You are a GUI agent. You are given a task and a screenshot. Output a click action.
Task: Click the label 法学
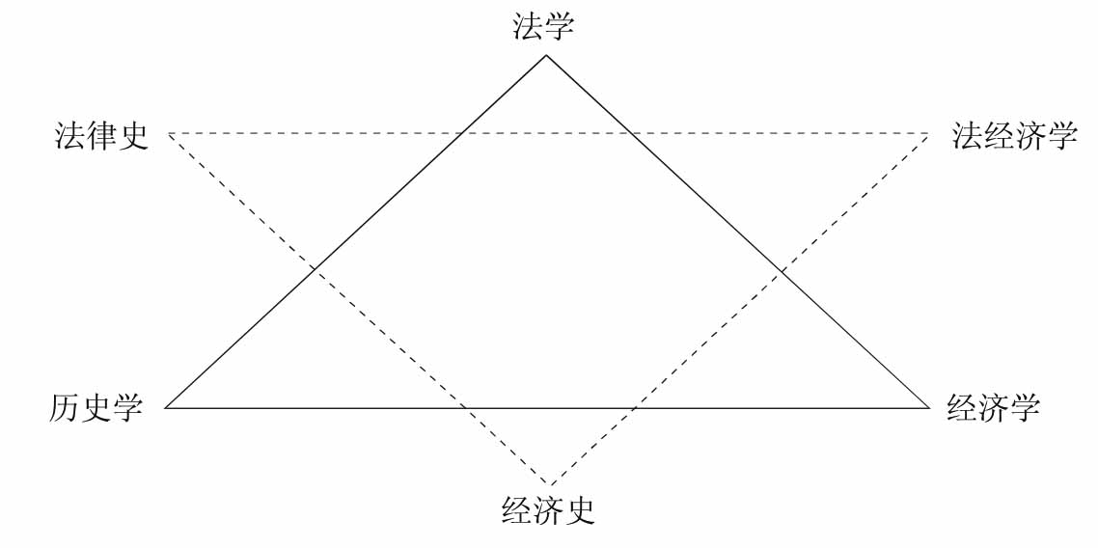(543, 26)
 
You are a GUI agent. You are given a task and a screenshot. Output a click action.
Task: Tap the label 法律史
(102, 136)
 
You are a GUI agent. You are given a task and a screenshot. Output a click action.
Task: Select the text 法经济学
(1014, 136)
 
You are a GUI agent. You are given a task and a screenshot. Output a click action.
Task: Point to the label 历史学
(96, 408)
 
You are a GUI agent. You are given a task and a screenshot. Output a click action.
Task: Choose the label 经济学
(993, 408)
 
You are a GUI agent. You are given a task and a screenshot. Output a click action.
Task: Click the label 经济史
(548, 508)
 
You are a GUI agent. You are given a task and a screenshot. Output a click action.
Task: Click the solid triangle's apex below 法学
(546, 55)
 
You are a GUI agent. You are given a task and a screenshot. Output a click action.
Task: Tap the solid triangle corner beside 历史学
(166, 408)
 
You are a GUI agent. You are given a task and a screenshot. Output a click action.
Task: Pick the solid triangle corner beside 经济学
(929, 408)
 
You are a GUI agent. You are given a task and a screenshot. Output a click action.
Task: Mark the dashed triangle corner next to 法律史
(169, 133)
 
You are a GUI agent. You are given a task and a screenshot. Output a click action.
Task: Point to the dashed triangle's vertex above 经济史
(549, 484)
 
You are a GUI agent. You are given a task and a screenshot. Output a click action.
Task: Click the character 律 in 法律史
(102, 136)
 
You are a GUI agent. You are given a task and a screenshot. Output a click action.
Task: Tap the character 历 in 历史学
(65, 408)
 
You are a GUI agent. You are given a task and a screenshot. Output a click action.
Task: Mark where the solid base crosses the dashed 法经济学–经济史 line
(632, 408)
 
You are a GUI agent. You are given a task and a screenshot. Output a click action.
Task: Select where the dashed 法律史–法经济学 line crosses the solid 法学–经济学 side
(628, 133)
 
